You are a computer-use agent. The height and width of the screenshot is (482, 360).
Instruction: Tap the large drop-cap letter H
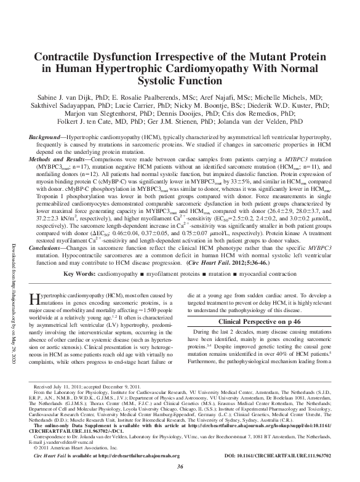coord(35,301)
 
